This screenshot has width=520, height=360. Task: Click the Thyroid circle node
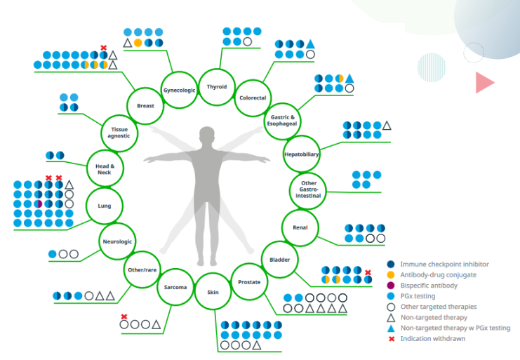tap(217, 87)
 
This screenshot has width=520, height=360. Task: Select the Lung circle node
tap(105, 206)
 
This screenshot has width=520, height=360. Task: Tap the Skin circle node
tap(213, 292)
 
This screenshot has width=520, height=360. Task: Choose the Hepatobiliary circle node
tap(302, 154)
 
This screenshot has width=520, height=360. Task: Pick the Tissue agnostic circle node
tap(119, 133)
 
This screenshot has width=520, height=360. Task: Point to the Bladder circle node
tap(279, 260)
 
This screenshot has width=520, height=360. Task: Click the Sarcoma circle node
tap(175, 287)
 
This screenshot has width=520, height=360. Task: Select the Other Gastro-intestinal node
tap(308, 191)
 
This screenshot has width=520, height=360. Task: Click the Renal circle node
tap(300, 227)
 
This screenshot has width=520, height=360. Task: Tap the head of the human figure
tap(207, 135)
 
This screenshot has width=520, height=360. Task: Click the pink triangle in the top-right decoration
tap(484, 83)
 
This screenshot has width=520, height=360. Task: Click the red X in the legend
tap(392, 339)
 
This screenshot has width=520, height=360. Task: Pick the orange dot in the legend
tap(391, 275)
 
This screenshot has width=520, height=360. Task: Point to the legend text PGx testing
tap(418, 296)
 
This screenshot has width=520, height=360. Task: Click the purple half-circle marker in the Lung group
tap(39, 204)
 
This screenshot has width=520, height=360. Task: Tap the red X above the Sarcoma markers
tap(124, 316)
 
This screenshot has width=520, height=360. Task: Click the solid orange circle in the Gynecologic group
tap(138, 43)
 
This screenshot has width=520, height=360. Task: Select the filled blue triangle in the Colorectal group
tap(310, 44)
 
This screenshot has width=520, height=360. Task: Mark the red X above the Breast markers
tap(103, 48)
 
